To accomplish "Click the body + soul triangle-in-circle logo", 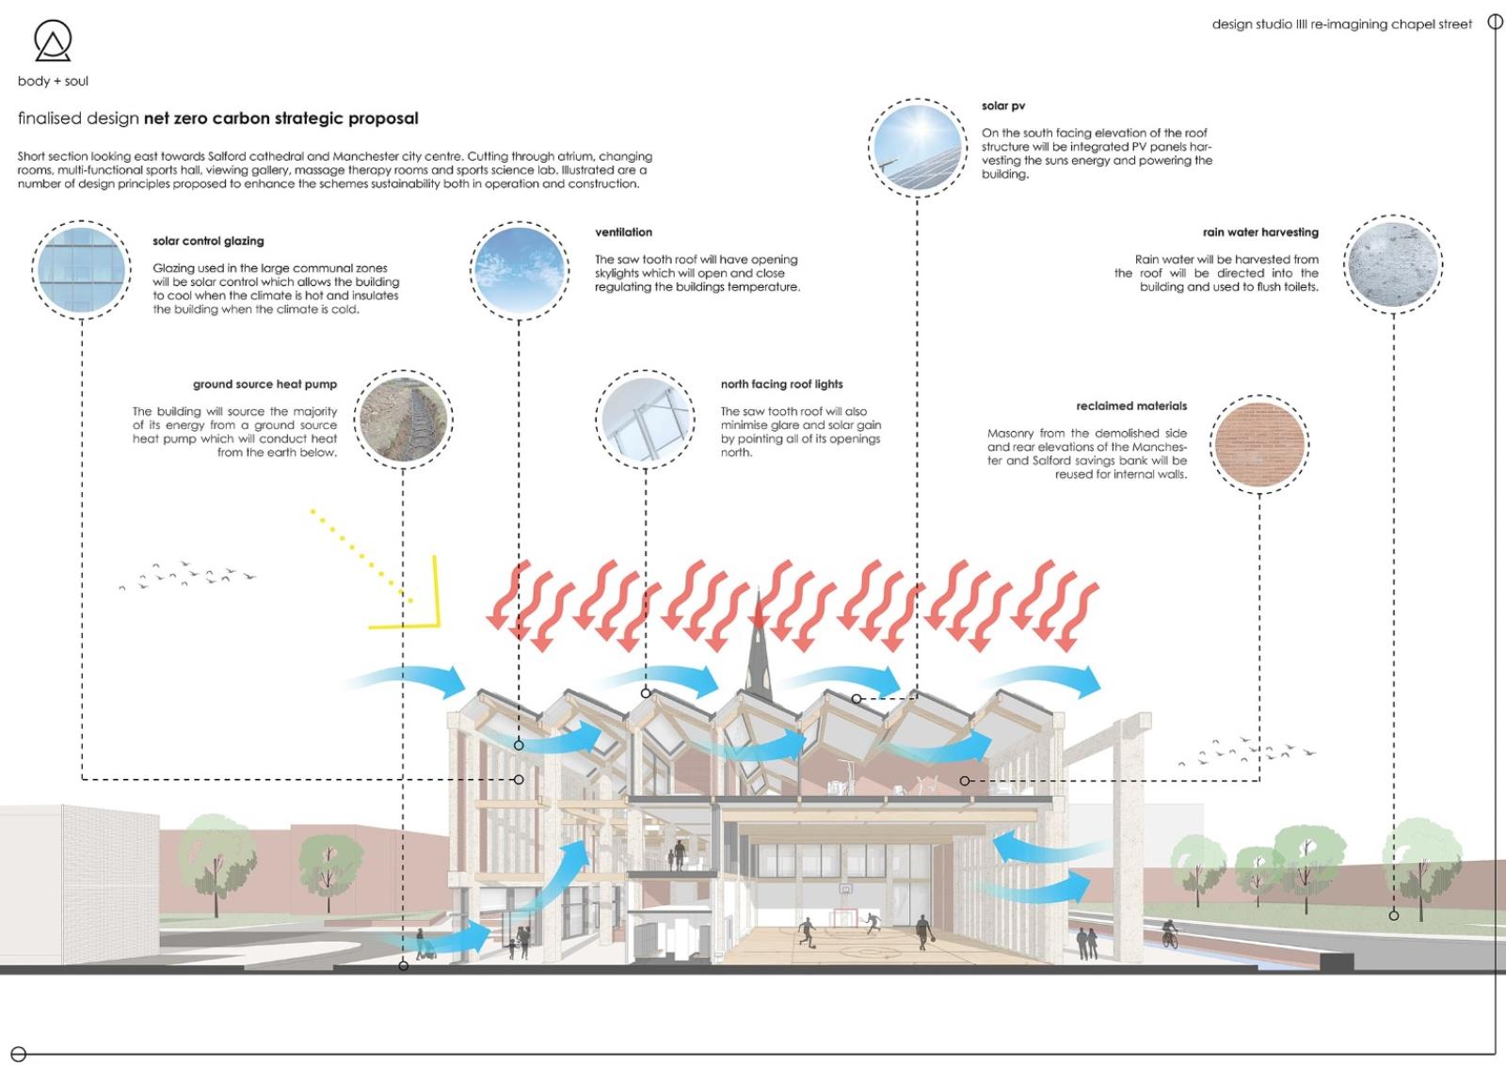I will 53,40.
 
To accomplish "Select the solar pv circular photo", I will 918,148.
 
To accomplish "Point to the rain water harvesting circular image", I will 1393,264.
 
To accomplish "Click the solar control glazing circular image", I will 81,270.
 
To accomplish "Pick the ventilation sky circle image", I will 520,270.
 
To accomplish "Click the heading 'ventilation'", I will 623,232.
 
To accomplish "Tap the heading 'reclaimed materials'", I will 1131,406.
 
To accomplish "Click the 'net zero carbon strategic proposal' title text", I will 280,119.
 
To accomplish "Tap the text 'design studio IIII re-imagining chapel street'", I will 1341,24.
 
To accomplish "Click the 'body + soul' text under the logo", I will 53,81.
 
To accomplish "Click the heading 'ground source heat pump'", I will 264,384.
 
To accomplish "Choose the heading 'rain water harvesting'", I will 1260,232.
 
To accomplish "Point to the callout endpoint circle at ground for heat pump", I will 404,965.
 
